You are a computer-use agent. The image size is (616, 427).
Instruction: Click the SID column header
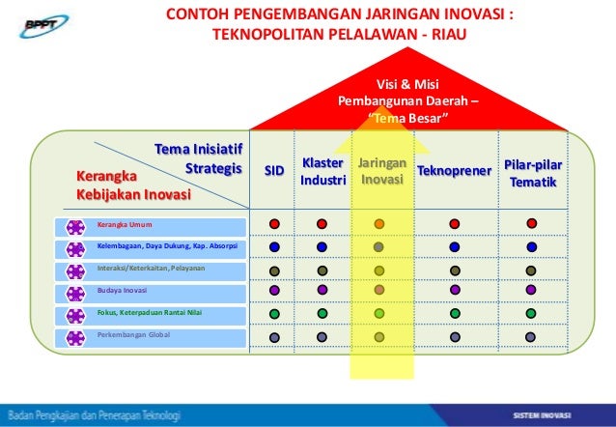click(x=274, y=171)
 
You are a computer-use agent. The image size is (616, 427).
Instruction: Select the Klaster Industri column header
click(x=322, y=172)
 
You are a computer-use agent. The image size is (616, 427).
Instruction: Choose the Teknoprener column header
click(x=453, y=171)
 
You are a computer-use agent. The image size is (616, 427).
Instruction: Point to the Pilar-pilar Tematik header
click(x=532, y=172)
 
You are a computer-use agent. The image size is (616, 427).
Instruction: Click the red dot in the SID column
click(x=274, y=224)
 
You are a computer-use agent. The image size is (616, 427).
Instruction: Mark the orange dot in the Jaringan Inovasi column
click(x=379, y=224)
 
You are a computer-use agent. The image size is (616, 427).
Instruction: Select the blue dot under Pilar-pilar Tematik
click(x=531, y=246)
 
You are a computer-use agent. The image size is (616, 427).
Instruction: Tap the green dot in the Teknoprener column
click(x=453, y=313)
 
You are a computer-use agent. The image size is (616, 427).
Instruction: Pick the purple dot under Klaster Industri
click(x=322, y=290)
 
